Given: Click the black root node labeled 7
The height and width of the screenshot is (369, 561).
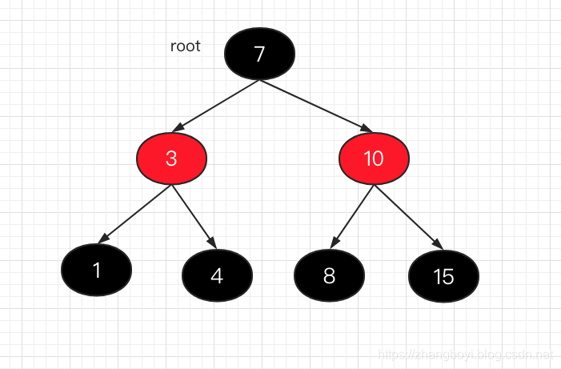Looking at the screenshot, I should coord(260,54).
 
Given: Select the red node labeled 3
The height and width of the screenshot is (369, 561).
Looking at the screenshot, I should coord(171,158).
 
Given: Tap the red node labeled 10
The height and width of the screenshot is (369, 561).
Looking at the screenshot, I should coord(374,158).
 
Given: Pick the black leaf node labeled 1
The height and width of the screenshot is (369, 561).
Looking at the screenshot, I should coord(96,271).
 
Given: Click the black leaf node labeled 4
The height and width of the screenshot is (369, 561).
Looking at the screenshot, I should coord(217,275).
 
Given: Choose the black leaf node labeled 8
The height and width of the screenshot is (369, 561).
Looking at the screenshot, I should coord(329,275).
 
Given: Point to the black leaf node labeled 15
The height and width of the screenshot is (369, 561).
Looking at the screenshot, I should coord(443,276).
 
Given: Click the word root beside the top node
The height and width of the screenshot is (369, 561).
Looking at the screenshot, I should coord(186,46).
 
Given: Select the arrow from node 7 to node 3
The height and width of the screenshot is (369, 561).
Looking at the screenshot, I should coord(216,106).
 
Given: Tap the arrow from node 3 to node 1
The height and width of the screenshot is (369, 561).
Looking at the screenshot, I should coord(136,213).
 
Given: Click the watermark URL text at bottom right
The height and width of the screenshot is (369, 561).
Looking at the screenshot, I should coord(465,353).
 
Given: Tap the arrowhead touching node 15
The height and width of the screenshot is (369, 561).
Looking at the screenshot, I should coord(436,244).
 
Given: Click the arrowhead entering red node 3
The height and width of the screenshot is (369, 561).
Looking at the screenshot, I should coord(178,128).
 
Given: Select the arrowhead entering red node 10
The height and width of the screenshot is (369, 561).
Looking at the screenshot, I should coord(367,128).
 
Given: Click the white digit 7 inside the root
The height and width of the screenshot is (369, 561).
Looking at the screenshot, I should coord(259,54).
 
